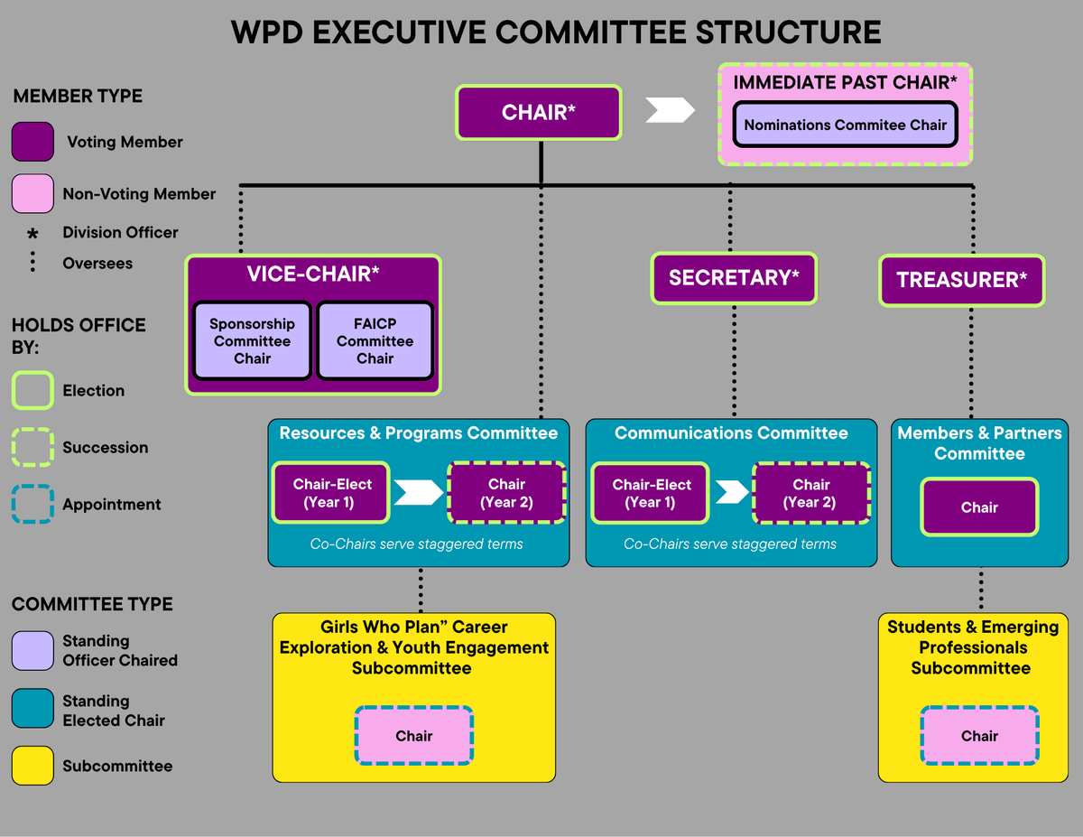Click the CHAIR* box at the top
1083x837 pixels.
pos(539,113)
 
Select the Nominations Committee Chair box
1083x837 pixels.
pos(845,125)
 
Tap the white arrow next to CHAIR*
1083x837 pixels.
pos(671,110)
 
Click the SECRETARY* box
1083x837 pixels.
pos(733,277)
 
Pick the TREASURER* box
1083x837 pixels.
pos(961,280)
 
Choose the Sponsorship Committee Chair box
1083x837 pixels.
pos(252,340)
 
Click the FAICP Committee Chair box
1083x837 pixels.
pos(375,340)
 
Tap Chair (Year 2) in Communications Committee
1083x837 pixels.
pos(810,493)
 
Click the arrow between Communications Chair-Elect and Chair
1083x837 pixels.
pos(732,492)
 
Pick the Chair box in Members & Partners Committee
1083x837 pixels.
pos(979,507)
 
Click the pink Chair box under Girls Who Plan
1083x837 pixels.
pos(413,736)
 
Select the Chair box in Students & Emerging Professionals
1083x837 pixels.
pos(979,736)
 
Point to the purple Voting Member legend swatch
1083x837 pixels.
pos(32,142)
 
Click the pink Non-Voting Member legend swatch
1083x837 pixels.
pos(32,194)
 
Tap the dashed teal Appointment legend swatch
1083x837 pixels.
pos(32,505)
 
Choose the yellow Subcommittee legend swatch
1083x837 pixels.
pos(32,766)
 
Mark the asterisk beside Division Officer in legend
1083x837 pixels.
pos(32,234)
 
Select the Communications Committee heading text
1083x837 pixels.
pos(731,433)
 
